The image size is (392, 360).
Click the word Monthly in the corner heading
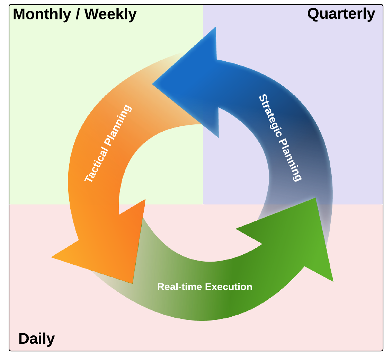coord(42,15)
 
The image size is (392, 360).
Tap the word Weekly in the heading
coord(110,15)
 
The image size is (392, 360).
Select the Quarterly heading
coord(341,14)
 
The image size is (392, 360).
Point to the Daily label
coord(36,339)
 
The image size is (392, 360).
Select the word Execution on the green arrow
coord(229,287)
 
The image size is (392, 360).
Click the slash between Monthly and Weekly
coord(78,15)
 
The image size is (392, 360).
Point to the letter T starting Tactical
coord(88,178)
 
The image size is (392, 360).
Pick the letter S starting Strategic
coord(263,98)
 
